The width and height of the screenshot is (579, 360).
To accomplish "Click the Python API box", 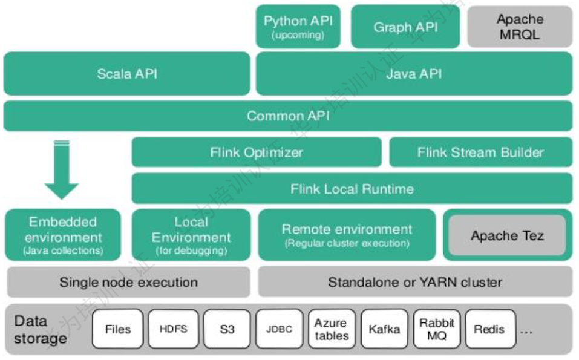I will coord(298,27).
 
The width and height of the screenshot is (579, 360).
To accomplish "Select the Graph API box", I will coord(405,27).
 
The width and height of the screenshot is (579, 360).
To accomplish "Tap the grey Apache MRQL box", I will coord(519,27).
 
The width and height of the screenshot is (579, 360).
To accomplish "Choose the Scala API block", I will coord(126,74).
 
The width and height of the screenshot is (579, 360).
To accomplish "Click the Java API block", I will coord(414,74).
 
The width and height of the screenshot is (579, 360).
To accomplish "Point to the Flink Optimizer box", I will coord(257,152).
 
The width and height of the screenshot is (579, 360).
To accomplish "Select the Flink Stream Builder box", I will coord(480,152).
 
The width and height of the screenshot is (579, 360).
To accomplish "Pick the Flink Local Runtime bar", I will coord(352,188).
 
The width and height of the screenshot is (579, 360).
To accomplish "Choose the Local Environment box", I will coord(191,235).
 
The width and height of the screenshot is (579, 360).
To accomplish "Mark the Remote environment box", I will coord(347,235).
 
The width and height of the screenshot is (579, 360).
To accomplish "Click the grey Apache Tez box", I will coord(507,235).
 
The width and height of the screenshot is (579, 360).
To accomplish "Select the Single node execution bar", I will coord(128,282).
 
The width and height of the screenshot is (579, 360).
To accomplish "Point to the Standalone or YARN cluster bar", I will coord(414,282).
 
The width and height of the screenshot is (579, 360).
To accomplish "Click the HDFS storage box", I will coord(173,329).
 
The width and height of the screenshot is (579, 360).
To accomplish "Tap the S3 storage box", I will coord(227,329).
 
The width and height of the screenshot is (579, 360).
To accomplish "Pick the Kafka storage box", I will coord(384,329).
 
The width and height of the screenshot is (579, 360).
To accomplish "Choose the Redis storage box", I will coord(489,329).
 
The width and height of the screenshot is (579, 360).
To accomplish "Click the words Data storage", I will coord(40,330).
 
